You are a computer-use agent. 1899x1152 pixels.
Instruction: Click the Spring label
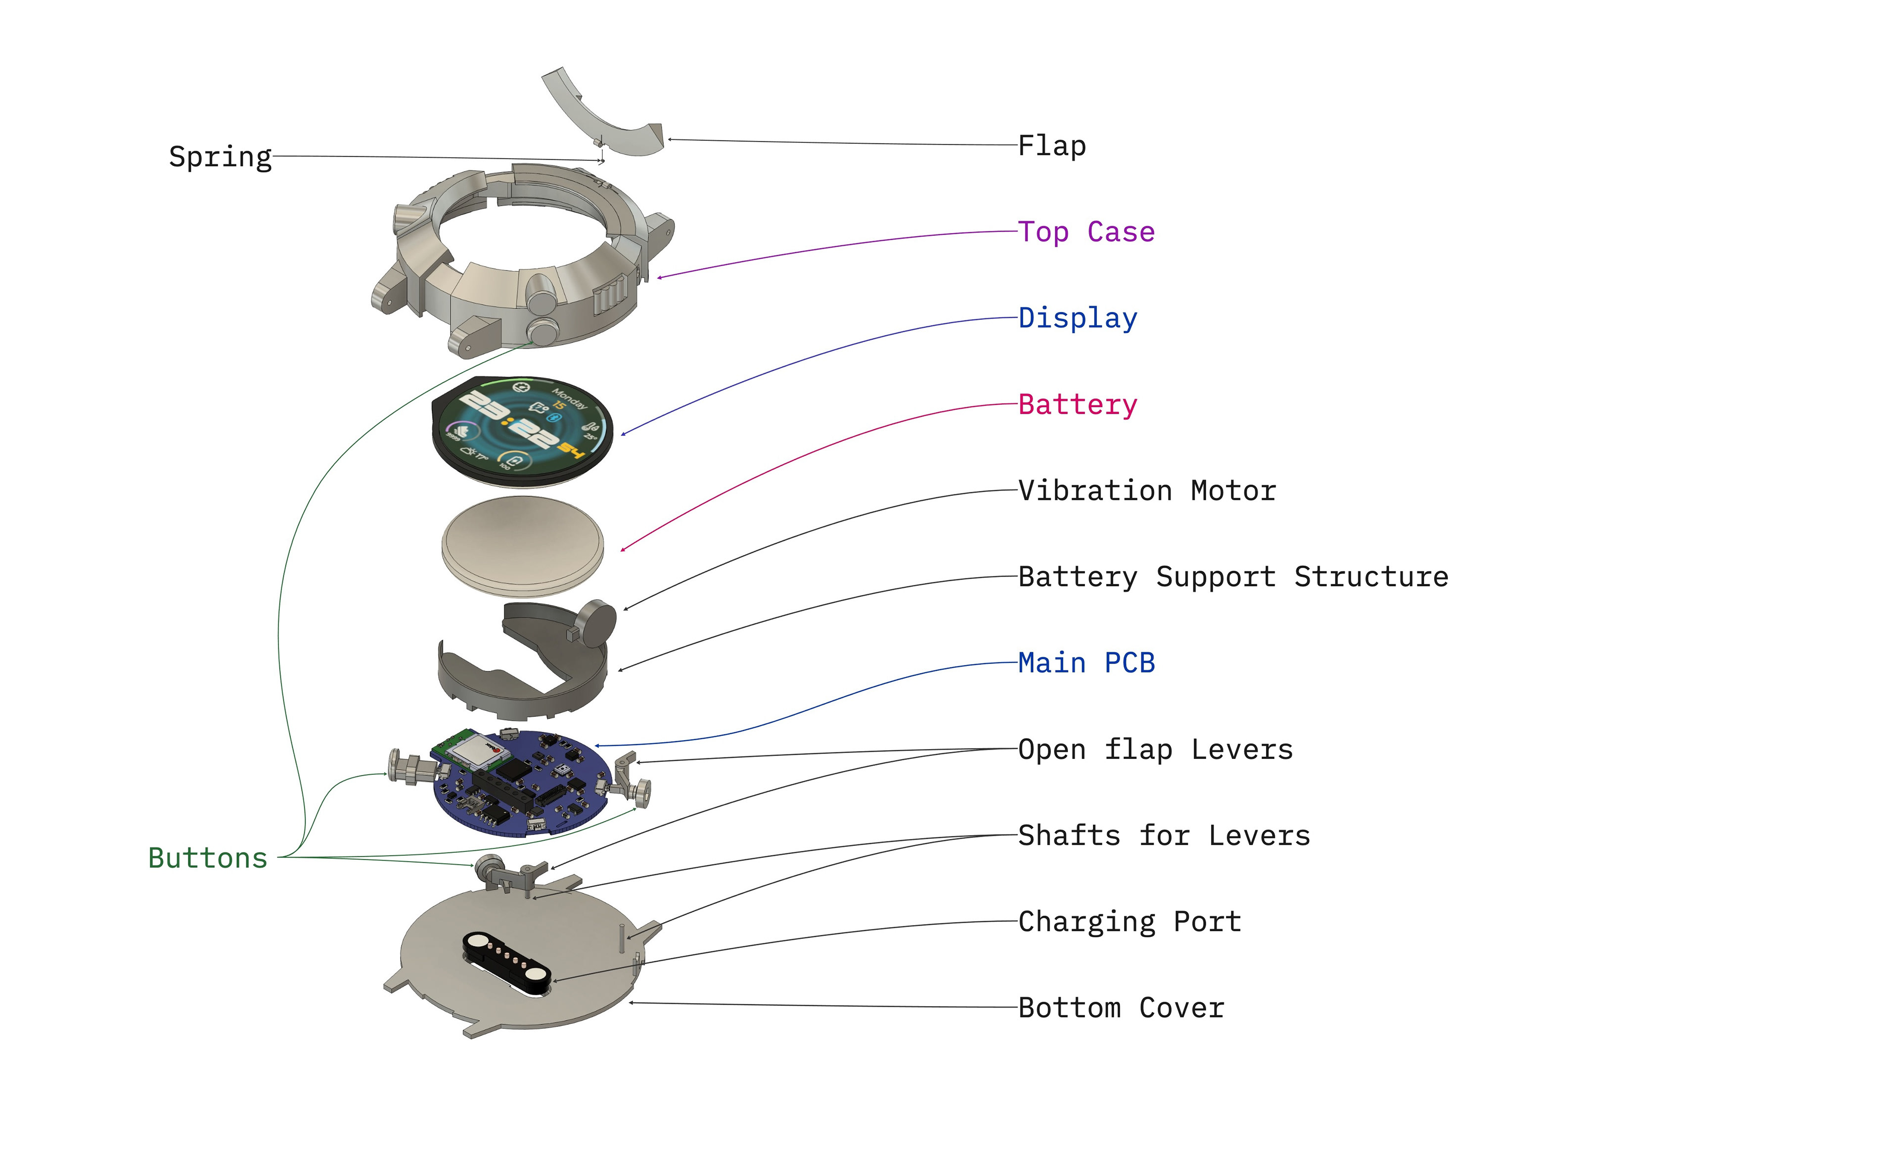(x=221, y=157)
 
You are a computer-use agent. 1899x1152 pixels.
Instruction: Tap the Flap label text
(x=1051, y=146)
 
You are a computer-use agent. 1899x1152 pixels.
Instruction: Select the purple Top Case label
(x=1086, y=232)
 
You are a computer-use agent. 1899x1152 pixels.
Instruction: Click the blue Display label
(x=1078, y=318)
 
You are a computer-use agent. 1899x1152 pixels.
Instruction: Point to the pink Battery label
(x=1078, y=404)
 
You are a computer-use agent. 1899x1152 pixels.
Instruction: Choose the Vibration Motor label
(x=1147, y=491)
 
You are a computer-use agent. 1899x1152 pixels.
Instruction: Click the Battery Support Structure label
(x=1233, y=577)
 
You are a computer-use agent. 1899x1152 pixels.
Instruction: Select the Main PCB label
(x=1086, y=663)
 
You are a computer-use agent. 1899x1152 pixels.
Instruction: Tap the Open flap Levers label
(x=1155, y=749)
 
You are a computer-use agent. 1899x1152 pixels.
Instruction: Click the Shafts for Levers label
(x=1164, y=835)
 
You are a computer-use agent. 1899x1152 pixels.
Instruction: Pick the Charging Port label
(x=1130, y=922)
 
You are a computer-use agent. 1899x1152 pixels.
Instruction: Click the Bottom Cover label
(x=1122, y=1008)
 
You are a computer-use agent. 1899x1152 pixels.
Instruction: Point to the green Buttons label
(x=208, y=858)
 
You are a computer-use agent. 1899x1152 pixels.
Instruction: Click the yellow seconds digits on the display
(x=571, y=451)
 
